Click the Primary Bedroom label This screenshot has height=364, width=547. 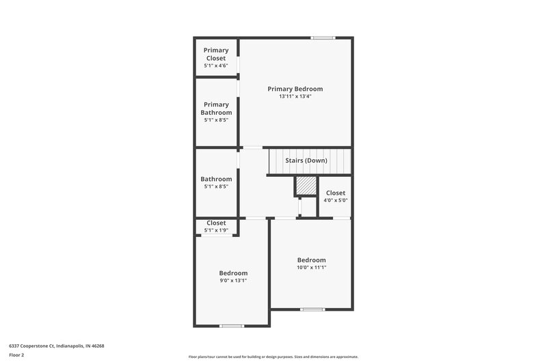pyautogui.click(x=295, y=89)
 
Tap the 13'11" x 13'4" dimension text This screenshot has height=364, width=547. pyautogui.click(x=295, y=97)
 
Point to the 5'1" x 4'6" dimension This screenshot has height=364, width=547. pyautogui.click(x=216, y=66)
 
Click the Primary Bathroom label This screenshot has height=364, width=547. pyautogui.click(x=216, y=108)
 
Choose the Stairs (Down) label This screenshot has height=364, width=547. pyautogui.click(x=306, y=160)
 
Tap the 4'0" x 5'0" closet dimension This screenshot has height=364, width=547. pyautogui.click(x=335, y=201)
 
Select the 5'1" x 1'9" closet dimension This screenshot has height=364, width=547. pyautogui.click(x=216, y=230)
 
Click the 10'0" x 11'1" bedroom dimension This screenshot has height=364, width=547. pyautogui.click(x=311, y=267)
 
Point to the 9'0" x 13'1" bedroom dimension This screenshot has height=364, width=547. pyautogui.click(x=233, y=280)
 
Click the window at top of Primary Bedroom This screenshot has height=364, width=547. pyautogui.click(x=322, y=38)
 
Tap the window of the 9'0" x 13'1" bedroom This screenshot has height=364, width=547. pyautogui.click(x=232, y=326)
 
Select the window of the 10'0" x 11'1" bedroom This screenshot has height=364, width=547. pyautogui.click(x=312, y=309)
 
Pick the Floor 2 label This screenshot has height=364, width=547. pyautogui.click(x=17, y=355)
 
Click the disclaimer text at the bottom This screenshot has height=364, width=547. pyautogui.click(x=273, y=356)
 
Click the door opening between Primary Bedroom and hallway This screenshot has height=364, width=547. pyautogui.click(x=252, y=148)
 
